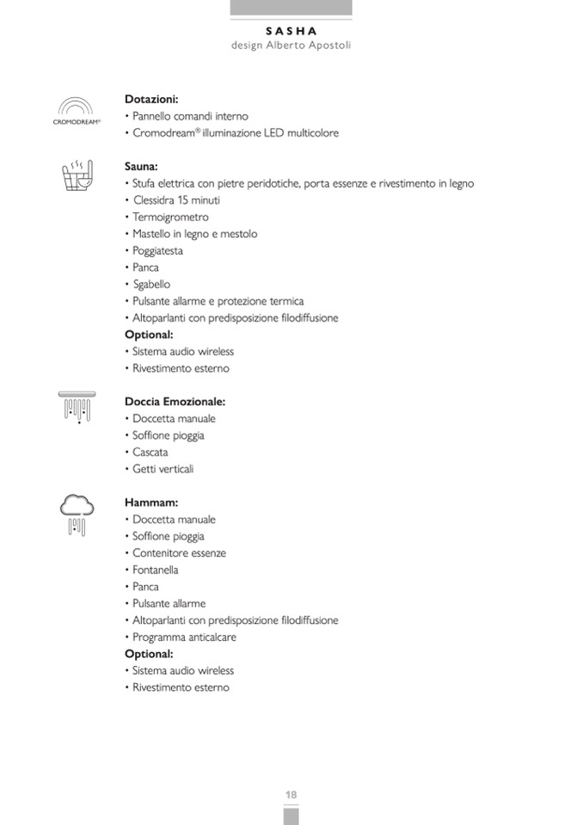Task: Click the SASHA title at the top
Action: tap(291, 30)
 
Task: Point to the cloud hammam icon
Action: tap(77, 514)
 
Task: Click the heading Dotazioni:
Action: tap(151, 100)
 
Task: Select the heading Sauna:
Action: tap(141, 167)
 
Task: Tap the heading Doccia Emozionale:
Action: tap(175, 402)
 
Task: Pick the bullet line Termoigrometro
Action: tap(170, 218)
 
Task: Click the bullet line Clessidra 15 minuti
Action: tap(177, 200)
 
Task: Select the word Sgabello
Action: tap(151, 285)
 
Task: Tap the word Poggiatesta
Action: tap(157, 251)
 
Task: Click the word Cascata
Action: tap(150, 453)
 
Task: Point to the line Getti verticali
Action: tap(163, 469)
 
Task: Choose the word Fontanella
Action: tap(156, 570)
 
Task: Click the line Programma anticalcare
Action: tap(184, 637)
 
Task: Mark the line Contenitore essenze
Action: tap(179, 553)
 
